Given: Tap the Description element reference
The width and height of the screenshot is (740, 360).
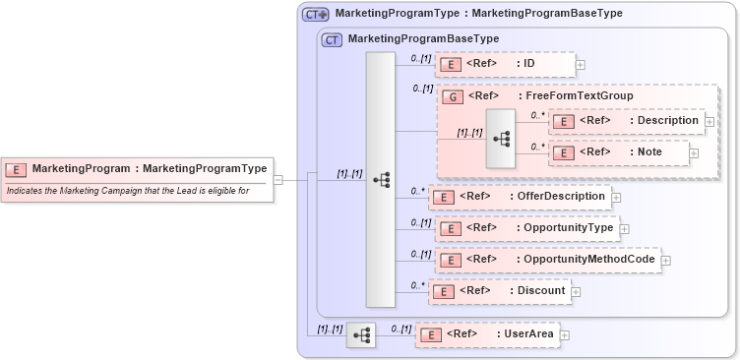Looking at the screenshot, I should tap(625, 121).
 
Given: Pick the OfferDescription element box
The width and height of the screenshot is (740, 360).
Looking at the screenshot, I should tap(521, 197).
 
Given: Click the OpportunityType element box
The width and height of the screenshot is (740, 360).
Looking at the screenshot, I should tap(526, 228).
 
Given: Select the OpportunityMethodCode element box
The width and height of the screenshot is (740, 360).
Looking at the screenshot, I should tap(547, 260).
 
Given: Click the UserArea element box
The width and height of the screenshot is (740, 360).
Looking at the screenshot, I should tap(486, 334).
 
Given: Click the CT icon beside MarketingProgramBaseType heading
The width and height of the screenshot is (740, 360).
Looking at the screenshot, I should tap(332, 39).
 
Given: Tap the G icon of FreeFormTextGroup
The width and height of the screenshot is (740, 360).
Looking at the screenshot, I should tap(452, 96).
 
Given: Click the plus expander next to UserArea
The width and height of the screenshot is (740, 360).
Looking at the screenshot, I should tap(565, 335).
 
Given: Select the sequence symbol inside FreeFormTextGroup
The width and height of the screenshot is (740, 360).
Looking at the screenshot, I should tap(500, 139).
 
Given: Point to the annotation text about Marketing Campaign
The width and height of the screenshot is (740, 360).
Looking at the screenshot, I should tap(127, 190).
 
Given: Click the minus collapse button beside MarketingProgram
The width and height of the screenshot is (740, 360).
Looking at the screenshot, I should tap(278, 180).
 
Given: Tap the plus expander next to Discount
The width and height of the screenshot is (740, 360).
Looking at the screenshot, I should tap(577, 292).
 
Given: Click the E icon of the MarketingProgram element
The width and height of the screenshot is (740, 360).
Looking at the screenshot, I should tap(16, 169).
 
